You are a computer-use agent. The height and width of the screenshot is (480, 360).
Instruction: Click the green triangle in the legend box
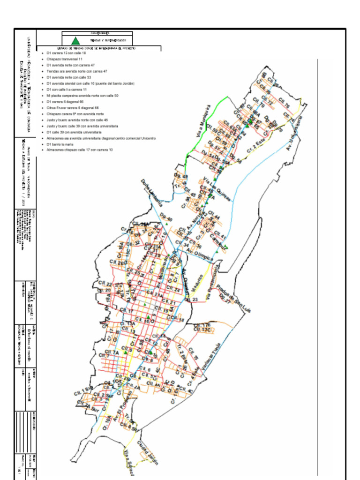point(75,41)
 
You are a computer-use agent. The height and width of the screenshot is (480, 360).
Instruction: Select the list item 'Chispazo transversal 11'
point(65,60)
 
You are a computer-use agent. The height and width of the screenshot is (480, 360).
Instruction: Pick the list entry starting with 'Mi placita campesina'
point(82,95)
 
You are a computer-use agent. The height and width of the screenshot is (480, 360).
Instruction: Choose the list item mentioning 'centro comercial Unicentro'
point(101,138)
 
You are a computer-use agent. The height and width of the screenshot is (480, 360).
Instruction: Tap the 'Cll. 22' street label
point(105,284)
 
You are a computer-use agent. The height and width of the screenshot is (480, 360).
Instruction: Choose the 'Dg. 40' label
point(165,217)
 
